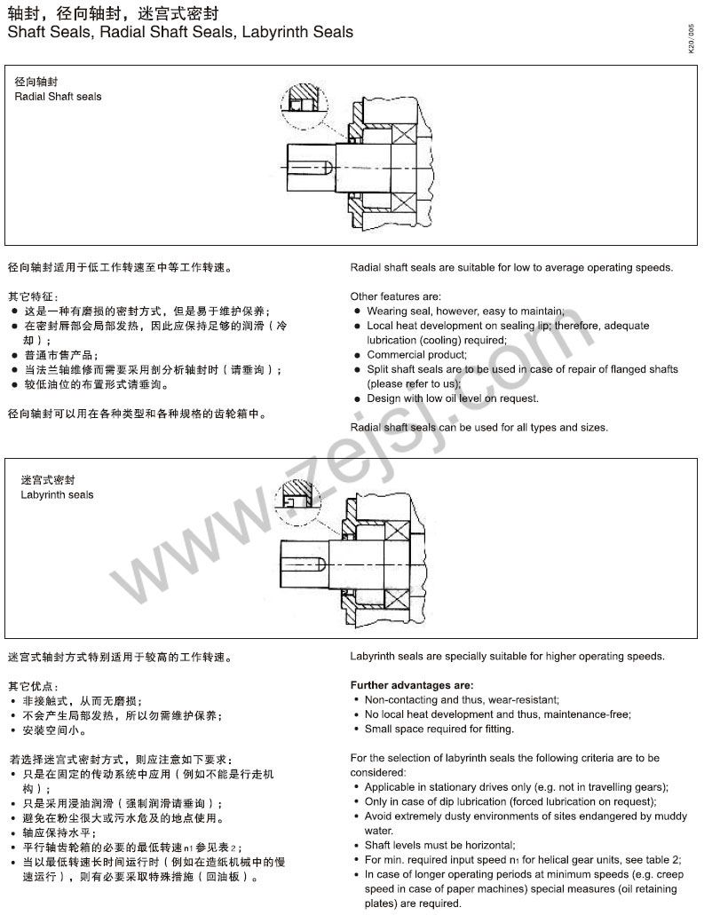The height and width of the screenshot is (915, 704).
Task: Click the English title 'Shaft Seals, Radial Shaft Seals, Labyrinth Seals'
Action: click(180, 33)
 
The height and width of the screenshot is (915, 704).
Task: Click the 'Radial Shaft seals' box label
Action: click(59, 97)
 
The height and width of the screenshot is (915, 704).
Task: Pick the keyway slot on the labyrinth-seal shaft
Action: click(305, 562)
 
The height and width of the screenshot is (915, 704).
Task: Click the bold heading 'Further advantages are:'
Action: click(412, 685)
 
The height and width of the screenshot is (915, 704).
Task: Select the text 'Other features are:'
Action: click(396, 296)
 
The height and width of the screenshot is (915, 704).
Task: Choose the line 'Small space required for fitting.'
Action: click(439, 729)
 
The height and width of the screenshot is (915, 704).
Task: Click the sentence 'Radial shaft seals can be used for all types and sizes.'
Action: click(479, 427)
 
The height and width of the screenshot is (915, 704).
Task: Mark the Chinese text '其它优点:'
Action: click(34, 686)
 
